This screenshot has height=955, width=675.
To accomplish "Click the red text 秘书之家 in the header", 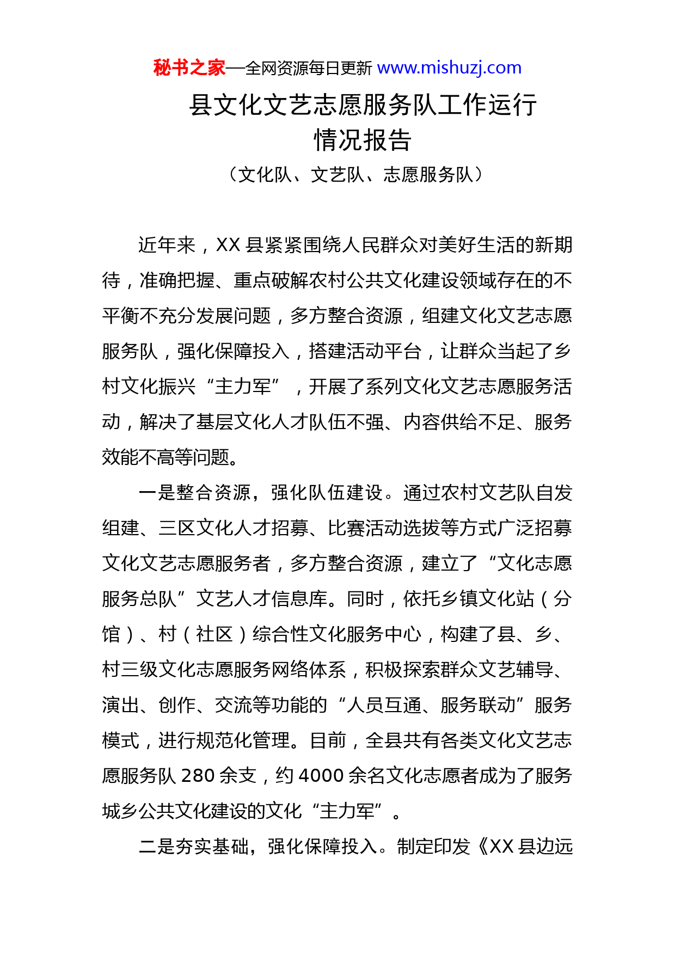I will click(189, 68).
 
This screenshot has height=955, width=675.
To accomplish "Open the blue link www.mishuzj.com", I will click(449, 68).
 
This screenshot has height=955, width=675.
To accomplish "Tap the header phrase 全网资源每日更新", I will click(309, 69).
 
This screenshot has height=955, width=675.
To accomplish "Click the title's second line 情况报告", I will click(363, 140).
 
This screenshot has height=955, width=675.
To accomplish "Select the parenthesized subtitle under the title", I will click(356, 174).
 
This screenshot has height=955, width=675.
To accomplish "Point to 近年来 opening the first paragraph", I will click(167, 245).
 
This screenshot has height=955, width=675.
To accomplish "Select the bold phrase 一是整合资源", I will click(195, 493).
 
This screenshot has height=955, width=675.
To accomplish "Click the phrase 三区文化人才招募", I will click(234, 528).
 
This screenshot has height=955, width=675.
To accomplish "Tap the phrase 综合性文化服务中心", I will click(337, 634).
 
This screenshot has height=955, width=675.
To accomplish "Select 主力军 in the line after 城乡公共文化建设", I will click(347, 811).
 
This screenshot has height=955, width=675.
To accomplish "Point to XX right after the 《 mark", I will click(501, 847).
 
